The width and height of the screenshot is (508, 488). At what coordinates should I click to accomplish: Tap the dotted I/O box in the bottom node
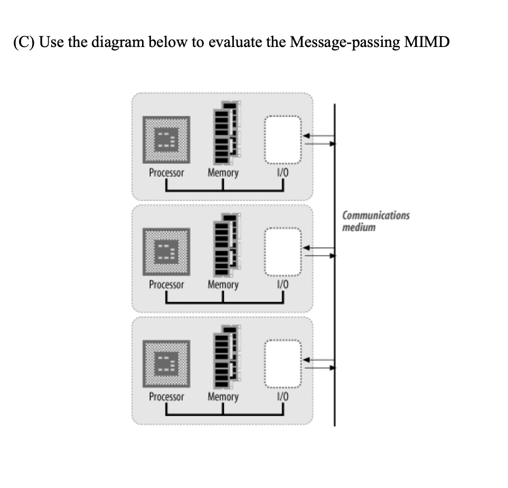pos(283,363)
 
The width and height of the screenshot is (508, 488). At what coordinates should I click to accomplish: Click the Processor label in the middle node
pos(166,285)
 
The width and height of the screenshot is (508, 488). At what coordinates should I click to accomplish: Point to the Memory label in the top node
pos(223,173)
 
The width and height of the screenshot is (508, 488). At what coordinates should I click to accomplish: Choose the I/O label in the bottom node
pos(283,397)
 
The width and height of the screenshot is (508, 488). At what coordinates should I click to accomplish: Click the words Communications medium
pos(375,221)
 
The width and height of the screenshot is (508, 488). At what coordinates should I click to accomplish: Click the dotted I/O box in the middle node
pos(283,251)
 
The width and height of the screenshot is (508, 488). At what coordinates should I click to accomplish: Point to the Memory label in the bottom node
pos(223,397)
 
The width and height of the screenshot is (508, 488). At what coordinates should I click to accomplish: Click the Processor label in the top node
pos(166,173)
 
